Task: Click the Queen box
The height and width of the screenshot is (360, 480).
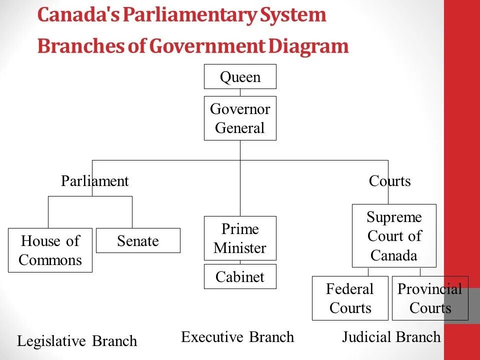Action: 240,76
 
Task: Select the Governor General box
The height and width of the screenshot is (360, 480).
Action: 240,118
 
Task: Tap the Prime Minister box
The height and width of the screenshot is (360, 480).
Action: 240,238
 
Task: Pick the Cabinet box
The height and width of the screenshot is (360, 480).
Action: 240,276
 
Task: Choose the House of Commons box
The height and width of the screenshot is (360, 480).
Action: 50,250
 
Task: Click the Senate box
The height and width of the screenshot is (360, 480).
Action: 138,240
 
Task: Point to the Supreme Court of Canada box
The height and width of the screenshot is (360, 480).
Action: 394,235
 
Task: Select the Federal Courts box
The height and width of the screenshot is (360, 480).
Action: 350,298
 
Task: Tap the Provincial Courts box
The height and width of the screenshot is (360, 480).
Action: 430,298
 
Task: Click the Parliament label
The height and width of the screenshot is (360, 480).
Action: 95,181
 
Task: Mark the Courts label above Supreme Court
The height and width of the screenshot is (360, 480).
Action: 390,181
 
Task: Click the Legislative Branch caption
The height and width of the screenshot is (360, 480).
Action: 77,341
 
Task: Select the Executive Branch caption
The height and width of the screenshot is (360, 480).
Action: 237,337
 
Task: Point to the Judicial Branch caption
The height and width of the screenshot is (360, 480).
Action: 391,337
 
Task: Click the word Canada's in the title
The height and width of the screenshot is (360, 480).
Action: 78,15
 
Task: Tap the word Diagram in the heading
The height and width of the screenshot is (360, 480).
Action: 308,46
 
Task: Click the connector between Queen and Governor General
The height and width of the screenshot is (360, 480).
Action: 240,92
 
